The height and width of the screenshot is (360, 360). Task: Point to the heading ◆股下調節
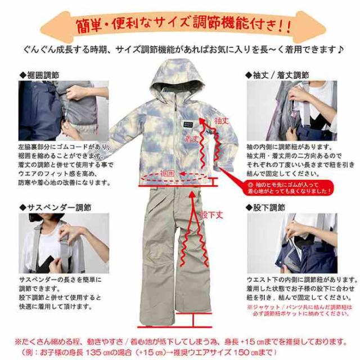pos(268,206)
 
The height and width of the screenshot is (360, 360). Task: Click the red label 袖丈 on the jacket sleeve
pos(220,120)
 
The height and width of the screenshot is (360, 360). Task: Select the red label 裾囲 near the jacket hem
pos(169,172)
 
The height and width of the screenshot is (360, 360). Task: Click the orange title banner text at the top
pos(180,25)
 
